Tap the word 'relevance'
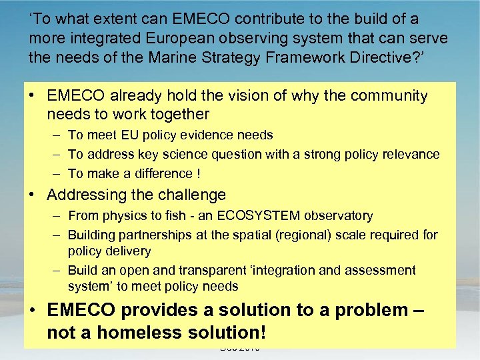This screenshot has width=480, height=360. point(409,155)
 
